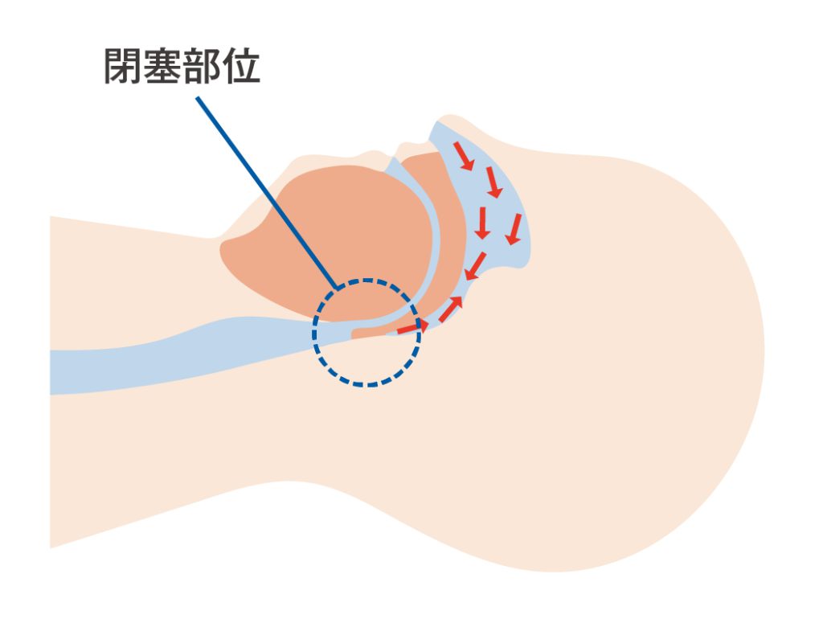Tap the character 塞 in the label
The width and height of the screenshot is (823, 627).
tap(165, 66)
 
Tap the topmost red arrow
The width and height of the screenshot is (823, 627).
tap(461, 154)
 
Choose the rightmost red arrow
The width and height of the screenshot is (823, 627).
tap(515, 229)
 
